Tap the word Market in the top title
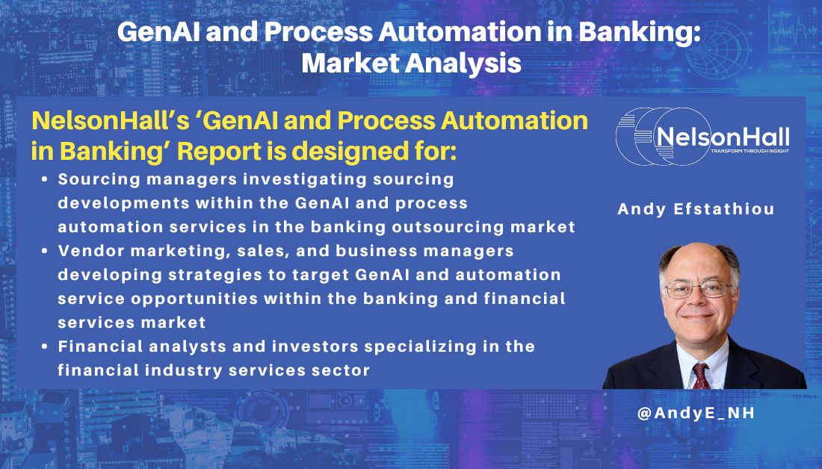345,63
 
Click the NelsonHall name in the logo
721,137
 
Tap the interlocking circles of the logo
643,137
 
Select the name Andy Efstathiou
696,209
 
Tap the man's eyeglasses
695,288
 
